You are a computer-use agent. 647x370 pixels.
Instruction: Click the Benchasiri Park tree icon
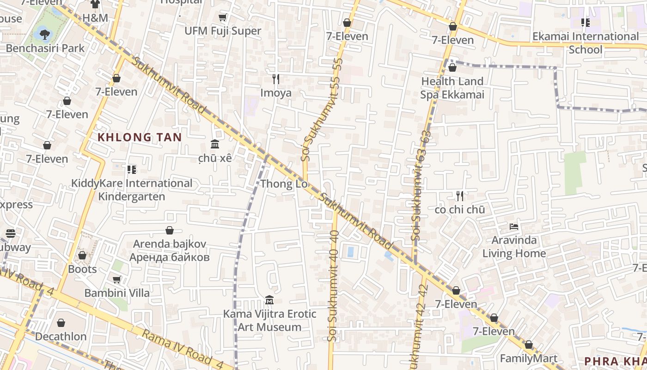(44, 34)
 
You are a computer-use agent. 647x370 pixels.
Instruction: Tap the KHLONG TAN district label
(140, 137)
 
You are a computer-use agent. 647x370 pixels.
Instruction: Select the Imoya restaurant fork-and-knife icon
(276, 79)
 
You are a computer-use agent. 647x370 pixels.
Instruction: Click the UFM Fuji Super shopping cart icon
(222, 18)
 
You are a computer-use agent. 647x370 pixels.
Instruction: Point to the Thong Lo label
(284, 184)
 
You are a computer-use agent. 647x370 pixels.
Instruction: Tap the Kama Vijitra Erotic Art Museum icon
(269, 300)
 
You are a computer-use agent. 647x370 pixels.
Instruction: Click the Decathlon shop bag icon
(61, 323)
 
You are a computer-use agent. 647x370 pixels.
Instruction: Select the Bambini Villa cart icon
(116, 279)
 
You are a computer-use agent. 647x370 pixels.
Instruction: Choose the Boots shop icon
(82, 255)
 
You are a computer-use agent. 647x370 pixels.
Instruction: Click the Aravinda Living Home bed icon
(513, 227)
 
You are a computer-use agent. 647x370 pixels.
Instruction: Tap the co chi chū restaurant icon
(459, 196)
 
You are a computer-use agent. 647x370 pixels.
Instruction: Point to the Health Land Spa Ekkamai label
(452, 88)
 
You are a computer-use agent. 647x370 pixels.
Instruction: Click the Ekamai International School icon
(586, 23)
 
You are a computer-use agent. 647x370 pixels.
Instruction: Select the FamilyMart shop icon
(528, 345)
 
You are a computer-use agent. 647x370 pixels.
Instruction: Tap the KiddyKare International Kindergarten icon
(132, 170)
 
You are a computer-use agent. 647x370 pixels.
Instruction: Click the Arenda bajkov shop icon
(170, 230)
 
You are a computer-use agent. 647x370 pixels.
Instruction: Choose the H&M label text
(95, 18)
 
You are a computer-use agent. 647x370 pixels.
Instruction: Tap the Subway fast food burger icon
(11, 234)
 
